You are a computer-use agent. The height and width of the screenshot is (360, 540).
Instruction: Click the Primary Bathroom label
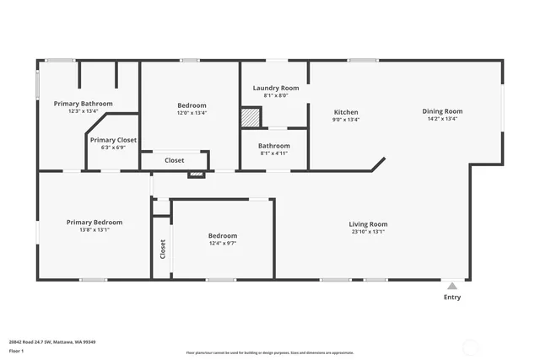tap(83, 104)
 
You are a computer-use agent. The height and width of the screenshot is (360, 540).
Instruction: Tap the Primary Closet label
tap(113, 140)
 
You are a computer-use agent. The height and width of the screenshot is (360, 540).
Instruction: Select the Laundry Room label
tap(276, 88)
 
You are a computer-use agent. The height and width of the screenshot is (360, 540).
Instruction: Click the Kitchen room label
tap(346, 112)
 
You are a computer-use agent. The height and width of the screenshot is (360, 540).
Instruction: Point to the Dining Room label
tap(442, 111)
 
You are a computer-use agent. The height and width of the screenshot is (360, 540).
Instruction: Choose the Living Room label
tap(368, 223)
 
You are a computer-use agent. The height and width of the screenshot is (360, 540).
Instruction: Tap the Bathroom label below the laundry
tap(274, 145)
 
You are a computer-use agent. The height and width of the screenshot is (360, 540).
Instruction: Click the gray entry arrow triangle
tap(453, 286)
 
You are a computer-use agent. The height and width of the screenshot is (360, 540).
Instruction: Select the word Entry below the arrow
tap(452, 297)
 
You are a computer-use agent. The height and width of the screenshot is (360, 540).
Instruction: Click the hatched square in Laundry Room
tap(251, 117)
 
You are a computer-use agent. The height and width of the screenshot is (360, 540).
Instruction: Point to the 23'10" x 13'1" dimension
tap(368, 231)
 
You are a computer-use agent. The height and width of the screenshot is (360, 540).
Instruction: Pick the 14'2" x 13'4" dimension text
tap(442, 119)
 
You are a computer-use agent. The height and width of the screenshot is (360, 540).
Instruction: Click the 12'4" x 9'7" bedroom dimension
tap(223, 243)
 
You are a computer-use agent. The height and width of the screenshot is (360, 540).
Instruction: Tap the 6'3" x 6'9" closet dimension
tap(113, 148)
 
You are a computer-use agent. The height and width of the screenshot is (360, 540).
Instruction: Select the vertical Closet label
tap(163, 249)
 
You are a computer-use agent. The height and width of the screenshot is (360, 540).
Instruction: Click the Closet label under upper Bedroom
tap(174, 160)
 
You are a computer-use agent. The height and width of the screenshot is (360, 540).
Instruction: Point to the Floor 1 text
tap(16, 350)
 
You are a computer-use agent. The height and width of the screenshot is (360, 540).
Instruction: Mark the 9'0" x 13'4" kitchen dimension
tap(346, 120)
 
